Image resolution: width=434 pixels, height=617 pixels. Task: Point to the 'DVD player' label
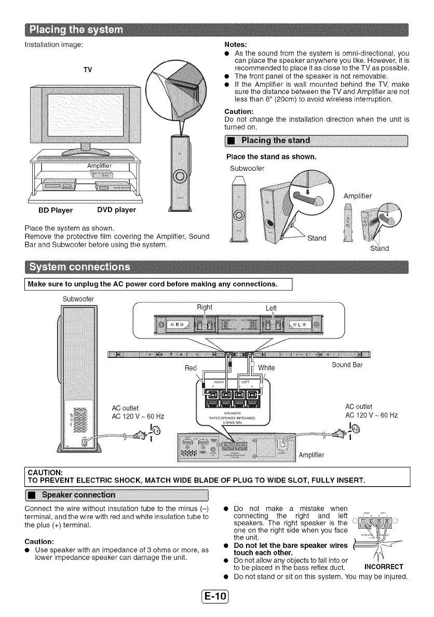click(x=116, y=210)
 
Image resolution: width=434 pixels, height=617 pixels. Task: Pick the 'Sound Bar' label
click(x=348, y=365)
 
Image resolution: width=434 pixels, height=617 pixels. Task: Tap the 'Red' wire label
click(x=191, y=368)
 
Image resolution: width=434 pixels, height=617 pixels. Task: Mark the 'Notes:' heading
click(x=235, y=45)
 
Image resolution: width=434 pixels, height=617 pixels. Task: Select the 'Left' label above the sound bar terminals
click(x=271, y=308)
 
